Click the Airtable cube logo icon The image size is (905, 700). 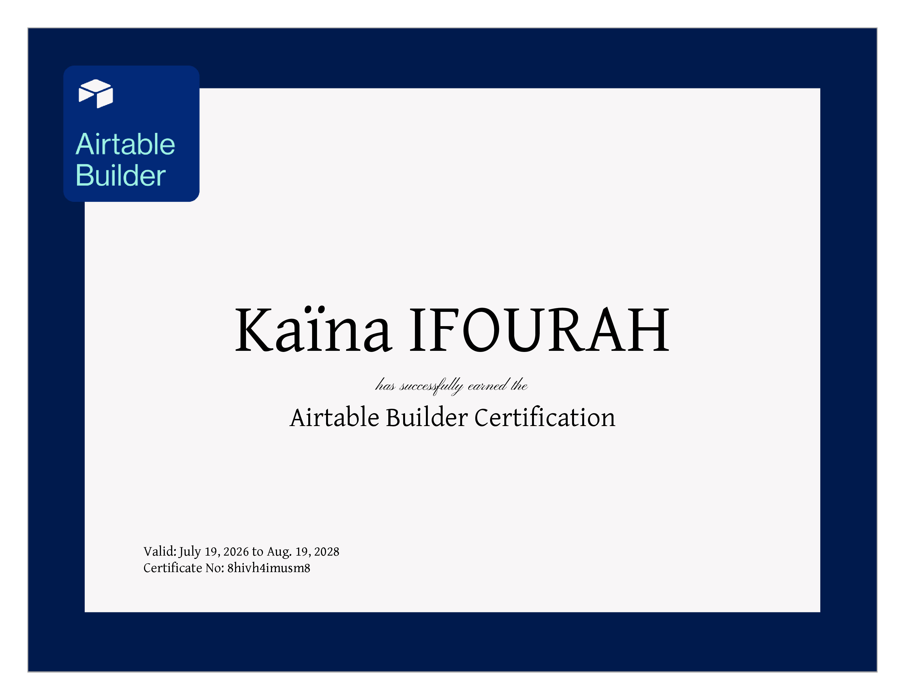point(96,94)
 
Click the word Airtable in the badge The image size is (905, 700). point(125,144)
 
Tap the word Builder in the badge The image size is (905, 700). point(121,175)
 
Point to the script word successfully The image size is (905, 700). point(431,386)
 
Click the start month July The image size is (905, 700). point(190,552)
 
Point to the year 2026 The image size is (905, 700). point(236,551)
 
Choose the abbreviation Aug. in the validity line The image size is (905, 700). point(279,552)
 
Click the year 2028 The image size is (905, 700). point(327,551)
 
